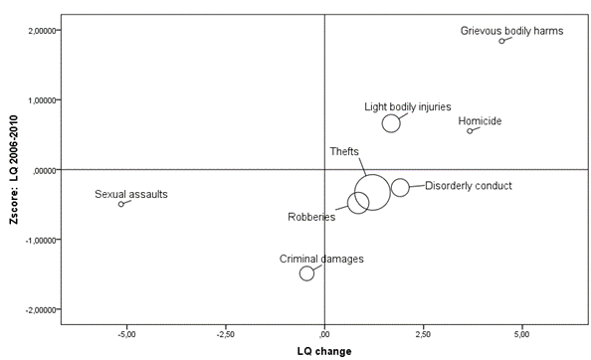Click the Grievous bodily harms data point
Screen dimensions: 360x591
pyautogui.click(x=502, y=41)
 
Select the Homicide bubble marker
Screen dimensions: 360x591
pyautogui.click(x=471, y=131)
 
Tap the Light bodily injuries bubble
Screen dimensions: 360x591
pyautogui.click(x=391, y=123)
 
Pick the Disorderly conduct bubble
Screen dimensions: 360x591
pyautogui.click(x=400, y=188)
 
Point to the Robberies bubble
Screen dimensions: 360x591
pyautogui.click(x=358, y=203)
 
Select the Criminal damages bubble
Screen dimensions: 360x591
pyautogui.click(x=307, y=273)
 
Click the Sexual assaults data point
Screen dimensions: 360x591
pyautogui.click(x=121, y=204)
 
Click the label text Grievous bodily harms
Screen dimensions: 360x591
pyautogui.click(x=511, y=31)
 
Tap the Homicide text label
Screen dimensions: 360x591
pyautogui.click(x=480, y=121)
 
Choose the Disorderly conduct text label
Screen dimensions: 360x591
pyautogui.click(x=468, y=185)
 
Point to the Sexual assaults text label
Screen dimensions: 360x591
pyautogui.click(x=131, y=194)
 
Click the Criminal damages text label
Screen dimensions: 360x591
pyautogui.click(x=321, y=259)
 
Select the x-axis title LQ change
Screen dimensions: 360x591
pyautogui.click(x=325, y=350)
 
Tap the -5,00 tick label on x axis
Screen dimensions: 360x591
pyautogui.click(x=126, y=333)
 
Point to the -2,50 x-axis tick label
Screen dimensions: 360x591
pyautogui.click(x=225, y=333)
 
